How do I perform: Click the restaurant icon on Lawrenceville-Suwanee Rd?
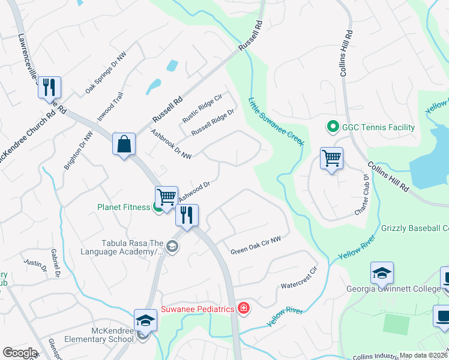[x=49, y=88]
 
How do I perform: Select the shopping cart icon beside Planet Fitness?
[x=166, y=197]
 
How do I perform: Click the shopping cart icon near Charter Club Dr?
[x=331, y=158]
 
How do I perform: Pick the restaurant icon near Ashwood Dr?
[x=187, y=215]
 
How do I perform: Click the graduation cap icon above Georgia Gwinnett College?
[x=382, y=273]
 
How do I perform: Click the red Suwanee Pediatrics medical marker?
[x=243, y=309]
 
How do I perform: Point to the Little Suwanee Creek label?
[x=277, y=121]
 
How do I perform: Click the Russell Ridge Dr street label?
[x=212, y=122]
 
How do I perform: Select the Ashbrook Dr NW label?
[x=171, y=145]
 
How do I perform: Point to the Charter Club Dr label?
[x=361, y=196]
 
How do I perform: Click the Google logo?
[x=20, y=353]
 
